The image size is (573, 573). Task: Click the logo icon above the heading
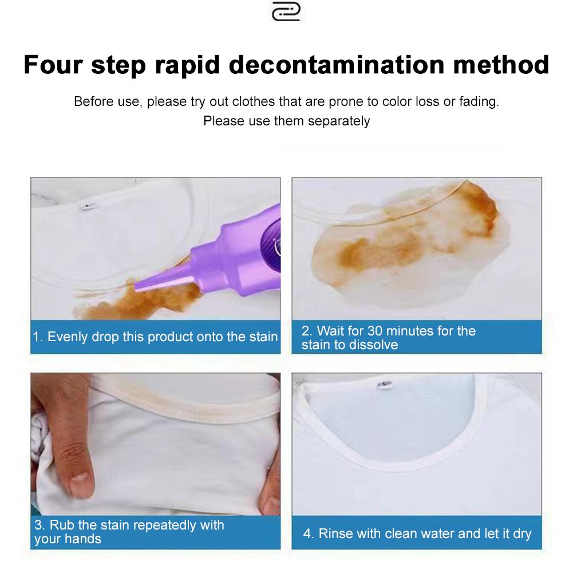coord(286,11)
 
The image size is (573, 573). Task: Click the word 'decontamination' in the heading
coord(337,65)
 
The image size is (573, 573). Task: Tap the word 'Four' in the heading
coord(53,65)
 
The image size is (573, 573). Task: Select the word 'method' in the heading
coord(501,65)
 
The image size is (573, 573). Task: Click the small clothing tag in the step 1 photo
coord(87,207)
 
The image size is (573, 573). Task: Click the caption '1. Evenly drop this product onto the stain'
coord(155,337)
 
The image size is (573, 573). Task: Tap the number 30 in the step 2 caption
coord(374,331)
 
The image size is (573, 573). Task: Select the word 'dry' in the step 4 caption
coord(522,534)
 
